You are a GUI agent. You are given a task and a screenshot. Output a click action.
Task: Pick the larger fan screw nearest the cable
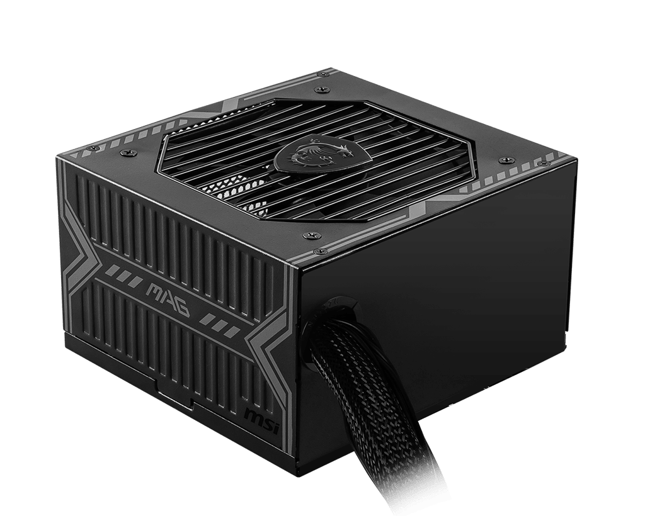307,235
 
